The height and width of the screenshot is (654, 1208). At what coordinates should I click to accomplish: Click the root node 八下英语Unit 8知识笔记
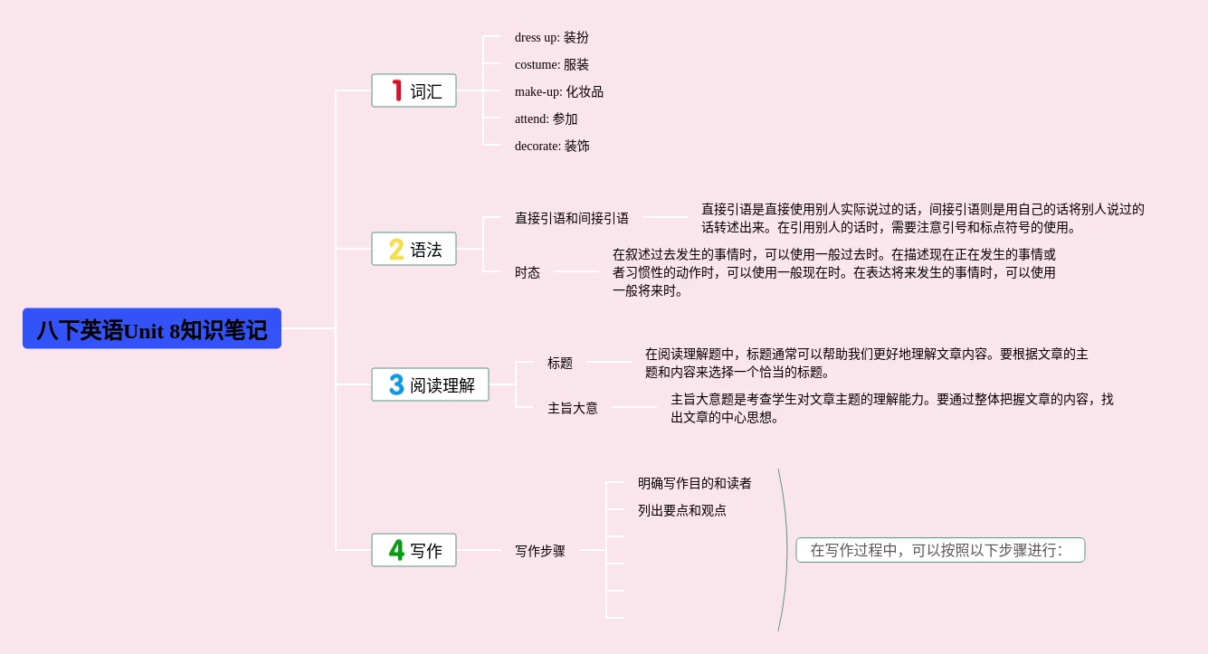(152, 329)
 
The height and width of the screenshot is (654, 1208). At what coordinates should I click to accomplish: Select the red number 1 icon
(396, 90)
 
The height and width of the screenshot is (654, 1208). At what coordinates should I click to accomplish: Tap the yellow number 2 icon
(396, 249)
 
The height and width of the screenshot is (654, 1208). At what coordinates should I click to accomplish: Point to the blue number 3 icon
(396, 384)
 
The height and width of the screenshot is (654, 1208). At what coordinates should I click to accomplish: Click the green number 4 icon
(396, 550)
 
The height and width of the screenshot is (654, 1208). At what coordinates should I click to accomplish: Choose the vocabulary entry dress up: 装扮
(551, 37)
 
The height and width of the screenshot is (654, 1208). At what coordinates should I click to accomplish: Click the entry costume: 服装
(551, 64)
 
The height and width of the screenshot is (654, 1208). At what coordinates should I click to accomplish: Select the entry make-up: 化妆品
(558, 91)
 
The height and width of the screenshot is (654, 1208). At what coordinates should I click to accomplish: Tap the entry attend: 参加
(546, 118)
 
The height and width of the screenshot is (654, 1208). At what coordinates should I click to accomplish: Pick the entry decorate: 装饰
(552, 146)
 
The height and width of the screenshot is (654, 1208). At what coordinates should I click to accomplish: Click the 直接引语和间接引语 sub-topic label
(572, 218)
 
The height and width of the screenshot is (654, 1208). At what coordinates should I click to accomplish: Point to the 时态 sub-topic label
(528, 272)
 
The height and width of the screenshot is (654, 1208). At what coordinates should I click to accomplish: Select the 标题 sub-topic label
(560, 363)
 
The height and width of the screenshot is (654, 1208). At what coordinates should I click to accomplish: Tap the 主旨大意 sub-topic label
(573, 408)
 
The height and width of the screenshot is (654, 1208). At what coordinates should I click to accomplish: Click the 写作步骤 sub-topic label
(540, 550)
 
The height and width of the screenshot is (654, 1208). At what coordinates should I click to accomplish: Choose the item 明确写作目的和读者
(694, 483)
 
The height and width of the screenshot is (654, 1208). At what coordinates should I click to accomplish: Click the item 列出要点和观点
(681, 510)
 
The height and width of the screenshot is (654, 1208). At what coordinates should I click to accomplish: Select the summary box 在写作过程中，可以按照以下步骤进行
(939, 550)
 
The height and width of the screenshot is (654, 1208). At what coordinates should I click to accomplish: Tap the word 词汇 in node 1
(426, 91)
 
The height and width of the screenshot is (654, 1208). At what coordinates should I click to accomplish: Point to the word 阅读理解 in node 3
(442, 385)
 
